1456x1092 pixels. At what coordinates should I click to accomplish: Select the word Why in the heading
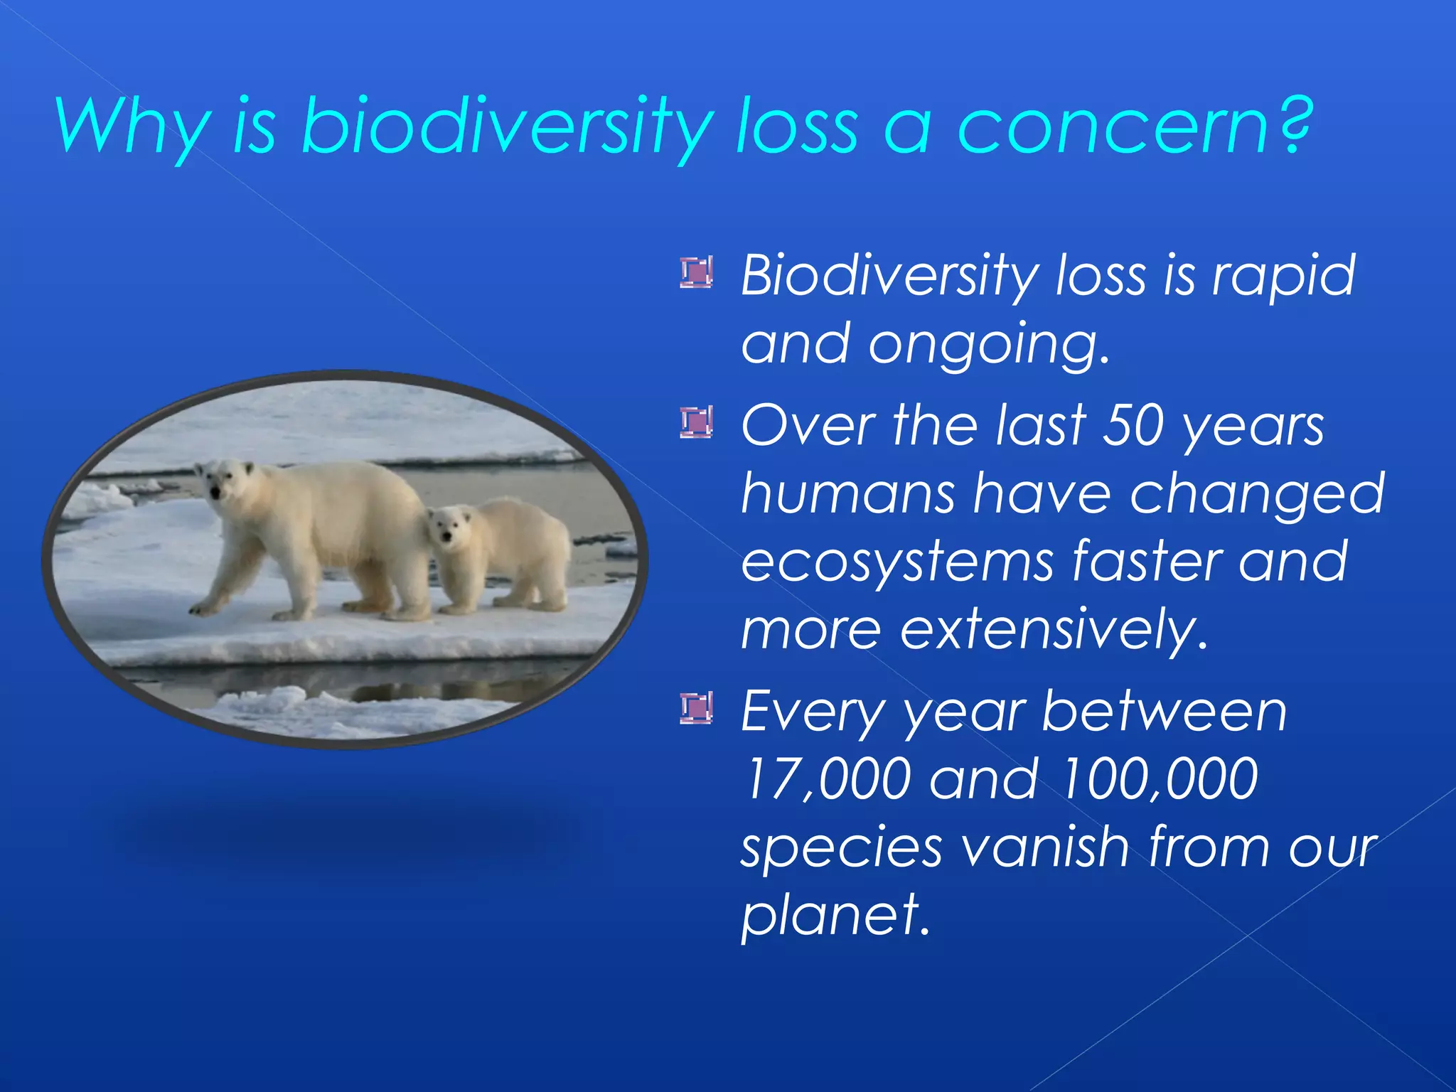132,128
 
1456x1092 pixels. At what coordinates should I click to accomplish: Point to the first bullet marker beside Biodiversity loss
696,273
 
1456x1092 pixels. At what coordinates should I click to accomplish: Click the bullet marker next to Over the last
696,423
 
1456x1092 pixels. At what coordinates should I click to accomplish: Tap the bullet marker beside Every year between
696,709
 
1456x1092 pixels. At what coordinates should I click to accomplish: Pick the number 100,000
1159,779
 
